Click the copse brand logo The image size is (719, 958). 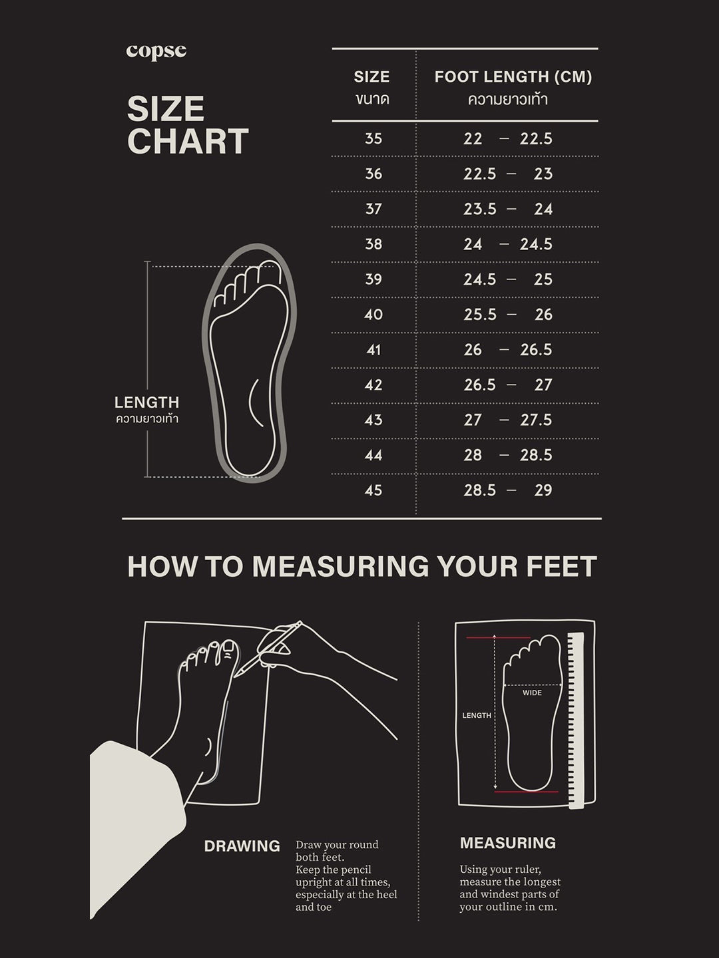tap(156, 52)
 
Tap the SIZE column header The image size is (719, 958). tap(371, 77)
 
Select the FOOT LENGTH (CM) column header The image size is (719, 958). tap(513, 77)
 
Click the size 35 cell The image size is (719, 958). tap(373, 139)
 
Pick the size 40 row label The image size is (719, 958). tap(373, 315)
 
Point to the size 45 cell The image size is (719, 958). tap(373, 490)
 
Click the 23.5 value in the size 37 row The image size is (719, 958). tap(480, 209)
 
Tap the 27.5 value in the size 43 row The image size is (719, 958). tap(536, 420)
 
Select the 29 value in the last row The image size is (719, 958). tap(543, 490)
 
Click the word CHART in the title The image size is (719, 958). tap(188, 142)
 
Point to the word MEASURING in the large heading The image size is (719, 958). tap(340, 567)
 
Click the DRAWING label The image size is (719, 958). tap(242, 846)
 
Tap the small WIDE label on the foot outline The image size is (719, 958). tap(532, 693)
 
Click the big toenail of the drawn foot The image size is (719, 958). tap(228, 653)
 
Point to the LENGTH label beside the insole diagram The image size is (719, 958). tap(146, 402)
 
